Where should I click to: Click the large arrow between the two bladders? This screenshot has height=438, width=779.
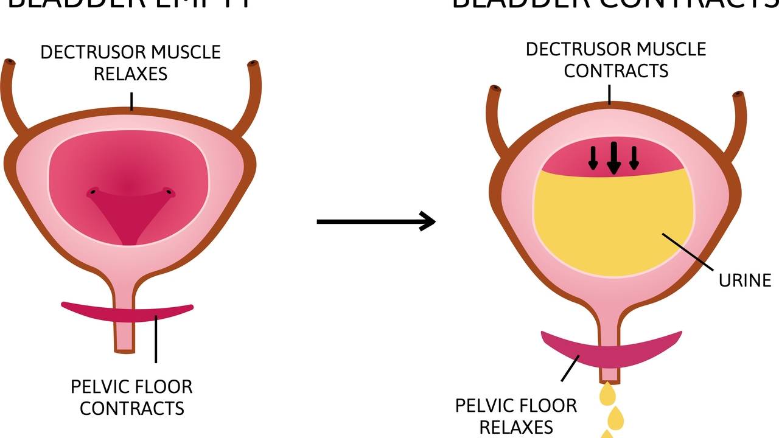coord(376,221)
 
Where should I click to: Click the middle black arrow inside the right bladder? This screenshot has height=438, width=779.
coord(613,159)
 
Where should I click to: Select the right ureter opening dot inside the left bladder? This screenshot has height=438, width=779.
coord(170,194)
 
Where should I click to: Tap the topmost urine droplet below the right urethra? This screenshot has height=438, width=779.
coord(607,395)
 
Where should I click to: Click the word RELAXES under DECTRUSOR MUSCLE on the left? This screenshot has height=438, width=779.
coord(131,74)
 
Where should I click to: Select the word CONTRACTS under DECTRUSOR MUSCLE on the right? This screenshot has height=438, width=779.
coord(616,71)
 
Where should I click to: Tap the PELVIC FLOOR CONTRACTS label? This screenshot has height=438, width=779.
coord(131,397)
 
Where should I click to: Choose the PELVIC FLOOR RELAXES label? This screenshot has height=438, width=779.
coord(516,415)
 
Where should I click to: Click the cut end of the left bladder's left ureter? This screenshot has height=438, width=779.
coord(9,63)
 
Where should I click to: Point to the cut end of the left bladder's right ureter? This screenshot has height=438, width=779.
coord(253,64)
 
